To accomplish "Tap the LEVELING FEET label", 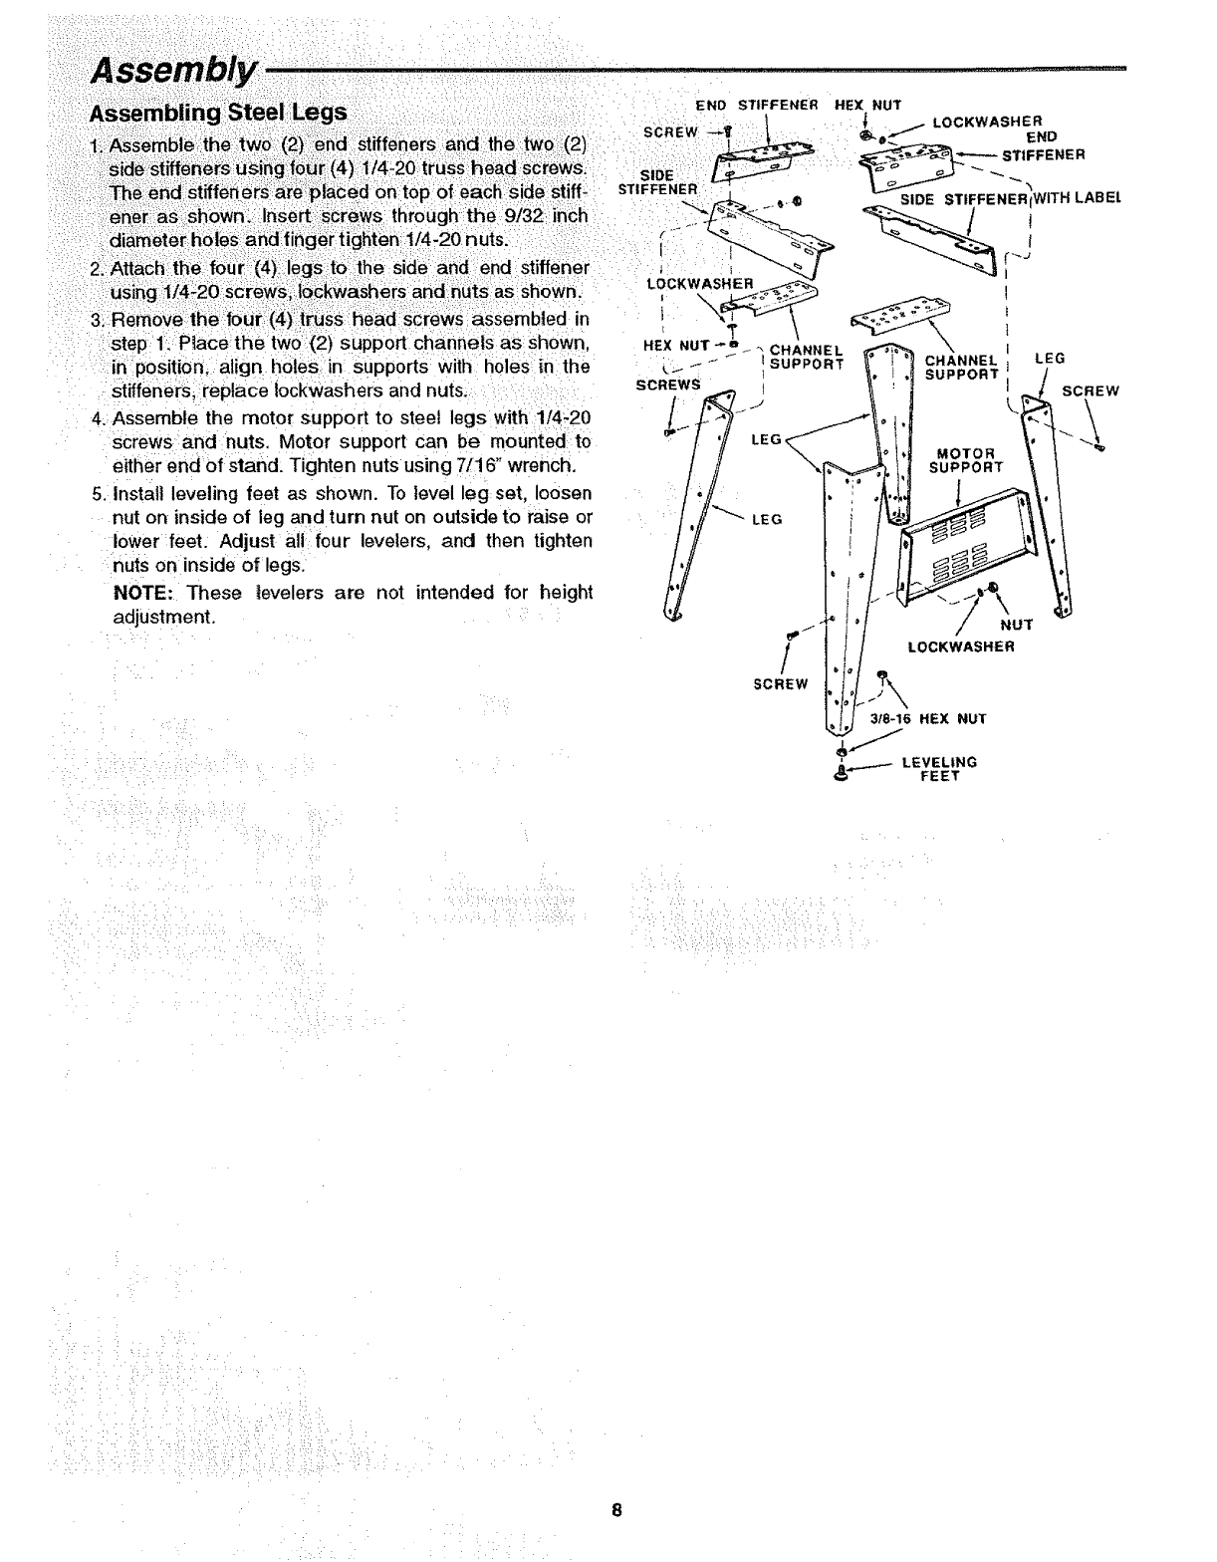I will tap(938, 768).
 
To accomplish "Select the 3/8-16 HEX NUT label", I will tap(927, 718).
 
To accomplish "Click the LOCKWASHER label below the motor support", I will tap(961, 648).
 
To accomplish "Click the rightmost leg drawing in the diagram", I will tap(1051, 508).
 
